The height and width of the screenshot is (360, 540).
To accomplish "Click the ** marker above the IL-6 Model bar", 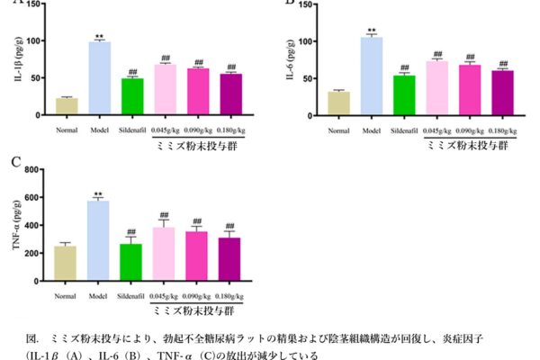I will click(372, 30).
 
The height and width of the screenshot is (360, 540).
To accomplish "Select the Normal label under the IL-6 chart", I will click(338, 131).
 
